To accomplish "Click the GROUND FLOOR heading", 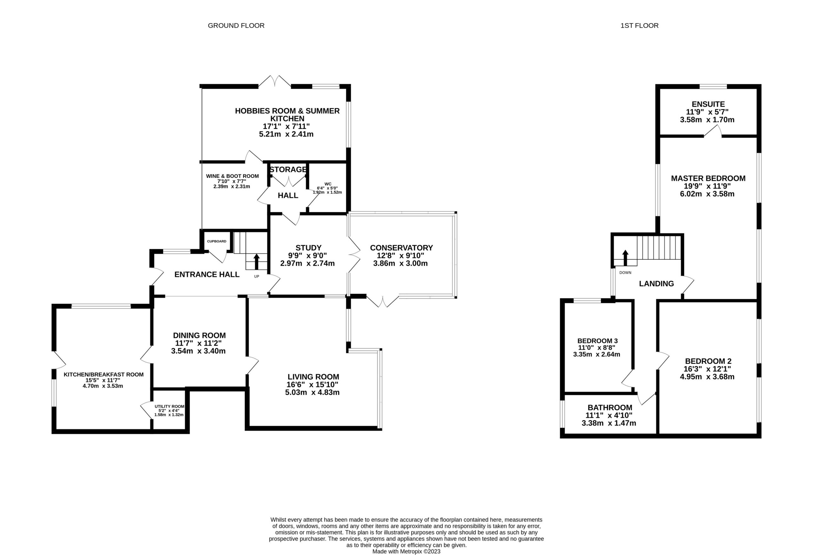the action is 236,25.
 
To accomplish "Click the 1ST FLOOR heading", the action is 640,25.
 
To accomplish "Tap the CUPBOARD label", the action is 217,241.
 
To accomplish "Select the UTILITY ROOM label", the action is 169,407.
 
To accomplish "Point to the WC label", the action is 328,184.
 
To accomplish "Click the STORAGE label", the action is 288,169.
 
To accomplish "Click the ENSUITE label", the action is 708,104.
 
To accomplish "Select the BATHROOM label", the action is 610,408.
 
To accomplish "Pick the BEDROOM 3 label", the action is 597,341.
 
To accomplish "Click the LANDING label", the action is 656,284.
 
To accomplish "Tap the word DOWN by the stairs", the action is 625,273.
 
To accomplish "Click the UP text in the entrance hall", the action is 256,277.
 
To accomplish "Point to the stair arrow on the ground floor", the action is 256,261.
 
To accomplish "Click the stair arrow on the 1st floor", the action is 625,258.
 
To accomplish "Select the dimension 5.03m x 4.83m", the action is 312,393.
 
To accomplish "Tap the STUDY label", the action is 308,248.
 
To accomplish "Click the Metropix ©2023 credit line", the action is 406,552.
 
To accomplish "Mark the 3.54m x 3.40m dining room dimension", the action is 198,351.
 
